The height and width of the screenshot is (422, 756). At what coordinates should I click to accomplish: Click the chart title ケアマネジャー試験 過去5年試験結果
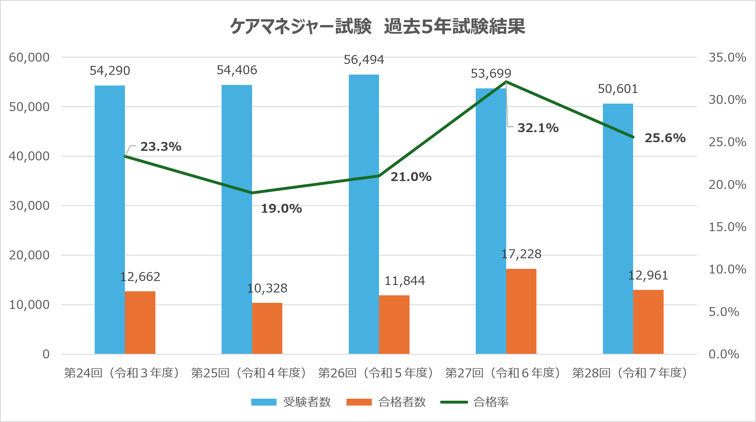(x=377, y=26)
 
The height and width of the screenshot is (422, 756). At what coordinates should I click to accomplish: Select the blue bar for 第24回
(x=110, y=220)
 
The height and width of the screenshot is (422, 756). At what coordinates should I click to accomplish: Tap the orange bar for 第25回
(x=267, y=328)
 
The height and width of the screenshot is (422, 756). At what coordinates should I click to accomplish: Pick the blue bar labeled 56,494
(x=364, y=214)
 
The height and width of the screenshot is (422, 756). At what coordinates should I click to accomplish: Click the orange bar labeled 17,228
(x=521, y=311)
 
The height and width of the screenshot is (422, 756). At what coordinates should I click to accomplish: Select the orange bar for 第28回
(x=648, y=322)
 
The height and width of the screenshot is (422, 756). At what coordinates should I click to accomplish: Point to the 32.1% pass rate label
(x=538, y=128)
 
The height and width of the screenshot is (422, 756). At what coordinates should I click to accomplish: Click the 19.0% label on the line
(x=281, y=209)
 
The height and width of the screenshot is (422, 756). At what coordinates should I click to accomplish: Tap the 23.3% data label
(x=161, y=147)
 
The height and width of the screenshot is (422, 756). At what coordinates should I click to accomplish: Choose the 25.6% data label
(x=665, y=138)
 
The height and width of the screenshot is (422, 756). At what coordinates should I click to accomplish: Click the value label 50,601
(x=618, y=89)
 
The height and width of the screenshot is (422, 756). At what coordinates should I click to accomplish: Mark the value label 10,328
(x=267, y=288)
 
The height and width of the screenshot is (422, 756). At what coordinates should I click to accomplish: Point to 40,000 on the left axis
(x=29, y=156)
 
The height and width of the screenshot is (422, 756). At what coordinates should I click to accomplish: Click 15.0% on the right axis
(x=728, y=227)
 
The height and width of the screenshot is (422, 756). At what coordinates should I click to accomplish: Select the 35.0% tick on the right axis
(x=728, y=57)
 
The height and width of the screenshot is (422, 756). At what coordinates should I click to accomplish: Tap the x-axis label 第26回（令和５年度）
(x=376, y=373)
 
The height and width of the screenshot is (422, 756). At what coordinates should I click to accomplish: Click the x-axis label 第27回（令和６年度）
(x=503, y=373)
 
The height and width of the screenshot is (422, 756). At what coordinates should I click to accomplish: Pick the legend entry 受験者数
(x=291, y=402)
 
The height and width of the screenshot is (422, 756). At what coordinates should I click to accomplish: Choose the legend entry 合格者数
(x=386, y=402)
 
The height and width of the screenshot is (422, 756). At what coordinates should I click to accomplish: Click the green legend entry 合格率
(x=475, y=402)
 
